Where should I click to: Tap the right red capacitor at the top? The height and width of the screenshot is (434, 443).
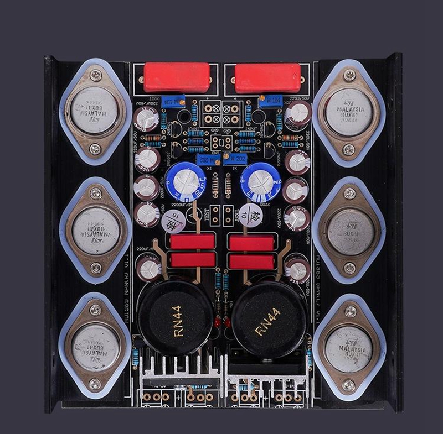[268, 78]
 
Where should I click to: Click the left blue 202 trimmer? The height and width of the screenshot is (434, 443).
[204, 159]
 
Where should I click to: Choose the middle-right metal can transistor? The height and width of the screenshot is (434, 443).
[349, 232]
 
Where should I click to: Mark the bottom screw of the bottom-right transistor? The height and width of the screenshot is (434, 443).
[348, 385]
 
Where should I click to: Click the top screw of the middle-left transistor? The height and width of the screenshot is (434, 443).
[96, 193]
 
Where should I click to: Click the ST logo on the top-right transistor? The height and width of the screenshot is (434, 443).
[349, 103]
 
